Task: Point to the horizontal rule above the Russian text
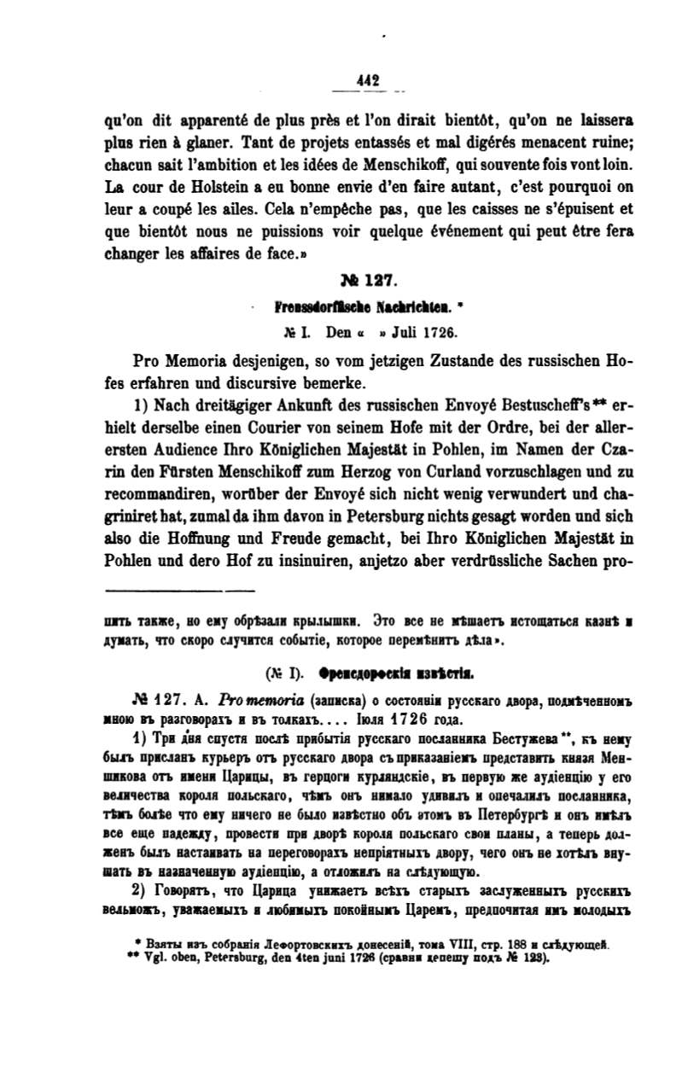click(179, 589)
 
